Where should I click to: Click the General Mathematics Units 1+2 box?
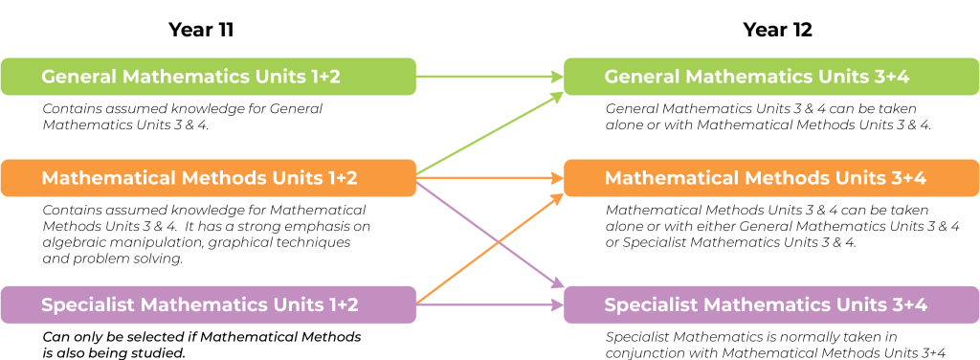(208, 77)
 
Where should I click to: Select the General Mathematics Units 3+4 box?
(771, 77)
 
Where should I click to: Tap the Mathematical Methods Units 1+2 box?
(208, 178)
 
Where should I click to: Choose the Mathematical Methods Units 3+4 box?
(771, 178)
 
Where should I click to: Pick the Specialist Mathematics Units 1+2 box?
(208, 304)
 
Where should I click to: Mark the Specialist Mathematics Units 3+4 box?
(771, 304)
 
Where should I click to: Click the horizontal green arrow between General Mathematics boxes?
(488, 77)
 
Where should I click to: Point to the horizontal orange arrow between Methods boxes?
(488, 178)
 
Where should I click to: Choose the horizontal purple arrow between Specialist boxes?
(488, 305)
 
